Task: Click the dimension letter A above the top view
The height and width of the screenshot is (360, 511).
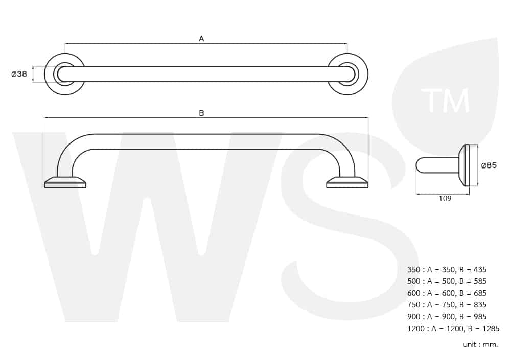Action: (201, 39)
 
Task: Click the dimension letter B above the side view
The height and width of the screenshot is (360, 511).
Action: (201, 113)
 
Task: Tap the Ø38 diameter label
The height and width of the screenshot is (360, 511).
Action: (19, 74)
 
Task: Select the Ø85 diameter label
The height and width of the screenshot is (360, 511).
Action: (489, 165)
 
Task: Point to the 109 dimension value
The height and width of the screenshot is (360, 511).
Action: (445, 199)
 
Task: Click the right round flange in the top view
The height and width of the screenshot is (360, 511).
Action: (364, 74)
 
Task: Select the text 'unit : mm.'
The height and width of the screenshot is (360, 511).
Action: (480, 344)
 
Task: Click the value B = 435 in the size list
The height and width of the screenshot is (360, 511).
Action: (473, 270)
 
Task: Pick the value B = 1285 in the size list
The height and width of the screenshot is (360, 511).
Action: (483, 329)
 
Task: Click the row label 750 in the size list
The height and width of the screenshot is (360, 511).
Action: (413, 305)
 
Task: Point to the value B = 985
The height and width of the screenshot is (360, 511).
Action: (473, 317)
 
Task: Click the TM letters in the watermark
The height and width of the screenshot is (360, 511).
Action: (445, 100)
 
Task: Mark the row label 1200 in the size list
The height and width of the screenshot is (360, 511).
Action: (416, 329)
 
